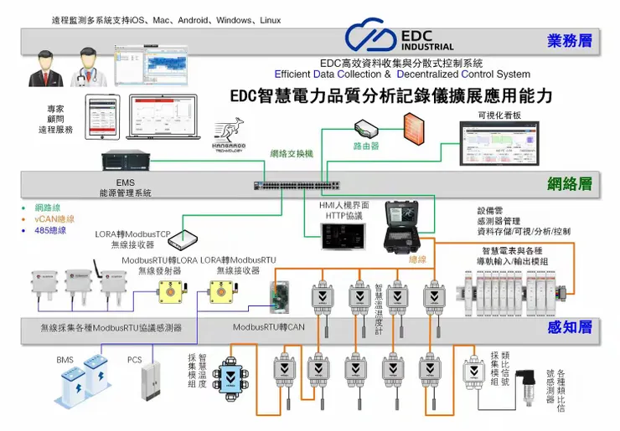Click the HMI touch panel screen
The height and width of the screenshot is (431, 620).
(x=341, y=237)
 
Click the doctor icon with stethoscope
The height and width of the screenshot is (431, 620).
(x=87, y=64)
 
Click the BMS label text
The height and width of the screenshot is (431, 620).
(x=65, y=360)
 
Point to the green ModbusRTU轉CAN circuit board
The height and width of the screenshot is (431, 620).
(x=277, y=292)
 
